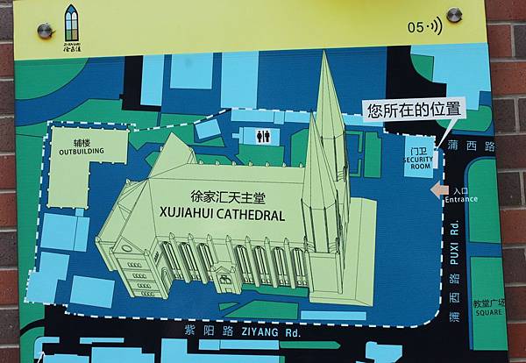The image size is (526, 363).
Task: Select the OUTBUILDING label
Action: click(x=82, y=152)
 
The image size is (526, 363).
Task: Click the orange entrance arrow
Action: click(x=437, y=190)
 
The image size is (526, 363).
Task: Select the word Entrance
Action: click(x=461, y=199)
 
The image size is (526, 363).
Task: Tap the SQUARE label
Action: click(x=489, y=311)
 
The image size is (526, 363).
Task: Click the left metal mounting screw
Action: click(x=44, y=32)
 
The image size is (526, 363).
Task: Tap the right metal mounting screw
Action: click(x=454, y=15)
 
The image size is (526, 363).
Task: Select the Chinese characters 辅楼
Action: click(x=82, y=142)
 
